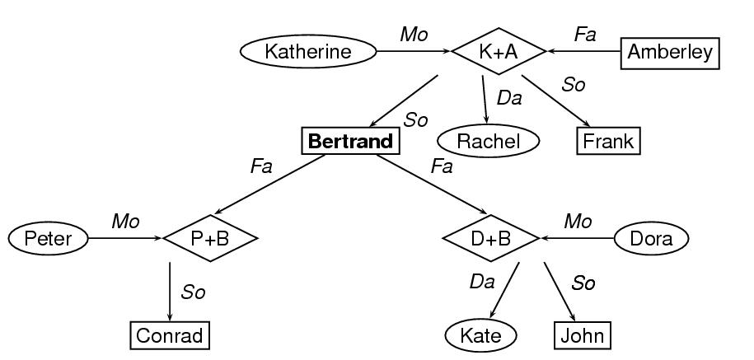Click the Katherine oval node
click(307, 52)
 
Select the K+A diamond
click(499, 52)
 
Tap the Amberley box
click(669, 52)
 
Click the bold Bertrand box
click(350, 142)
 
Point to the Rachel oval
click(488, 142)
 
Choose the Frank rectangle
click(608, 142)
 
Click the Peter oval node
click(48, 239)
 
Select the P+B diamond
click(210, 239)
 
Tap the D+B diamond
click(490, 239)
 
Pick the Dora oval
click(651, 239)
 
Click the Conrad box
click(170, 336)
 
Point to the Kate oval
click(481, 336)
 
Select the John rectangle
click(583, 336)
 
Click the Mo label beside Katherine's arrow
click(414, 34)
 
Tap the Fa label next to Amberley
click(585, 34)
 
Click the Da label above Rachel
click(508, 98)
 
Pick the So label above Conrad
click(193, 292)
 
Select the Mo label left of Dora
click(578, 221)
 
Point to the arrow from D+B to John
click(560, 292)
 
